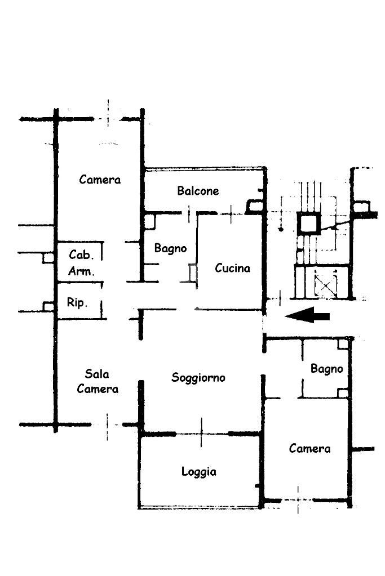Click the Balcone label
tap(198, 191)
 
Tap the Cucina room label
tap(232, 268)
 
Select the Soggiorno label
tap(198, 378)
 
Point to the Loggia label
tap(198, 472)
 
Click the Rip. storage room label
tap(77, 302)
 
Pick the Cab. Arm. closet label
tap(81, 263)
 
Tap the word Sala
tap(97, 374)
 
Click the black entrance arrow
tap(307, 315)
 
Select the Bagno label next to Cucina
tap(170, 249)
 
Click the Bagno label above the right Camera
tap(326, 369)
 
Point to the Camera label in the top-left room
tap(100, 180)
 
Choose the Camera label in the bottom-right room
tap(309, 448)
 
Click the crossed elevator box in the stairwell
tap(326, 284)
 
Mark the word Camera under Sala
tap(98, 389)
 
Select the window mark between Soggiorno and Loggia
tap(201, 433)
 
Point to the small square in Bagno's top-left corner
tap(149, 221)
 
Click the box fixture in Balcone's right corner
tap(254, 207)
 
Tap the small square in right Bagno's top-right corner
tap(343, 343)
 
